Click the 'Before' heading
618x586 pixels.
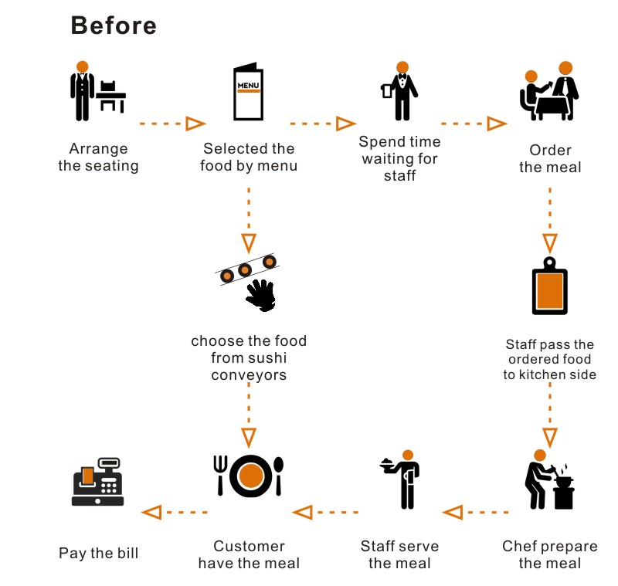pos(114,25)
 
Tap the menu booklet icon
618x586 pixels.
pos(247,92)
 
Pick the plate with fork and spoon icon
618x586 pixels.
pos(249,476)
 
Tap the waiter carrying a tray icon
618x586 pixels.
pos(402,479)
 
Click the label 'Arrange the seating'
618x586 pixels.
pos(98,157)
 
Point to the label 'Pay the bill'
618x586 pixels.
pos(98,554)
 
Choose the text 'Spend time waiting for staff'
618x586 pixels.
pos(399,158)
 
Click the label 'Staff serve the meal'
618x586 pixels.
pos(399,554)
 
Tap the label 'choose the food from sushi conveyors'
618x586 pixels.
pos(249,358)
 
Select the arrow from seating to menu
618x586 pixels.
pos(172,124)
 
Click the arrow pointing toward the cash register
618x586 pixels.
pos(175,512)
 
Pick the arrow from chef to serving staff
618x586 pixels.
pos(475,511)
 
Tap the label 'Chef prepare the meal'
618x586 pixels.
pos(550,554)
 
